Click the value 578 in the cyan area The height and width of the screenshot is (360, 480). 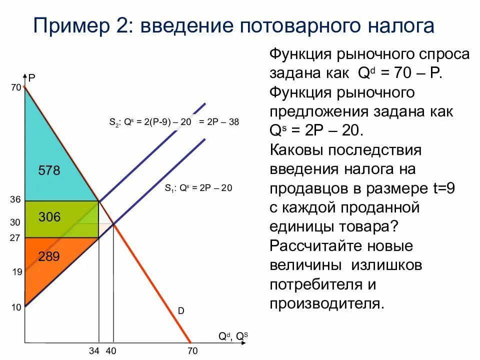point(49,171)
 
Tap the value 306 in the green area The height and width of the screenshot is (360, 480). point(49,217)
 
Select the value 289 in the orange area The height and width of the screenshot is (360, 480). point(49,257)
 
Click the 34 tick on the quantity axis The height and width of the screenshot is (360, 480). point(95,351)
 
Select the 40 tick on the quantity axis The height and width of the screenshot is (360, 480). point(111,351)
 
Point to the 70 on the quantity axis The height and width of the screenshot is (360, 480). point(192,351)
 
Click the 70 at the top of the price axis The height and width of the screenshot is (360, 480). point(15,88)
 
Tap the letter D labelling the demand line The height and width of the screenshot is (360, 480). point(181,311)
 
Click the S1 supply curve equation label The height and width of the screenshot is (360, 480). point(198,188)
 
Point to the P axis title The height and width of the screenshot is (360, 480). point(31,78)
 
